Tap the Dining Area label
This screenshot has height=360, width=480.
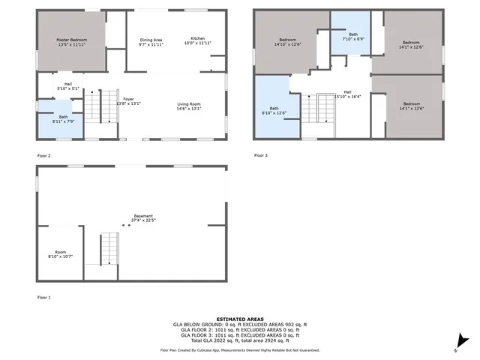coord(151,41)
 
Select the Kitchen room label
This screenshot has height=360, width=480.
coord(197,40)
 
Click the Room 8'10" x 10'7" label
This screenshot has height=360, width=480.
coord(60,254)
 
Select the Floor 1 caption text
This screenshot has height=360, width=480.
coord(44,298)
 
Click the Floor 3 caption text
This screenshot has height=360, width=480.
coord(259,155)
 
